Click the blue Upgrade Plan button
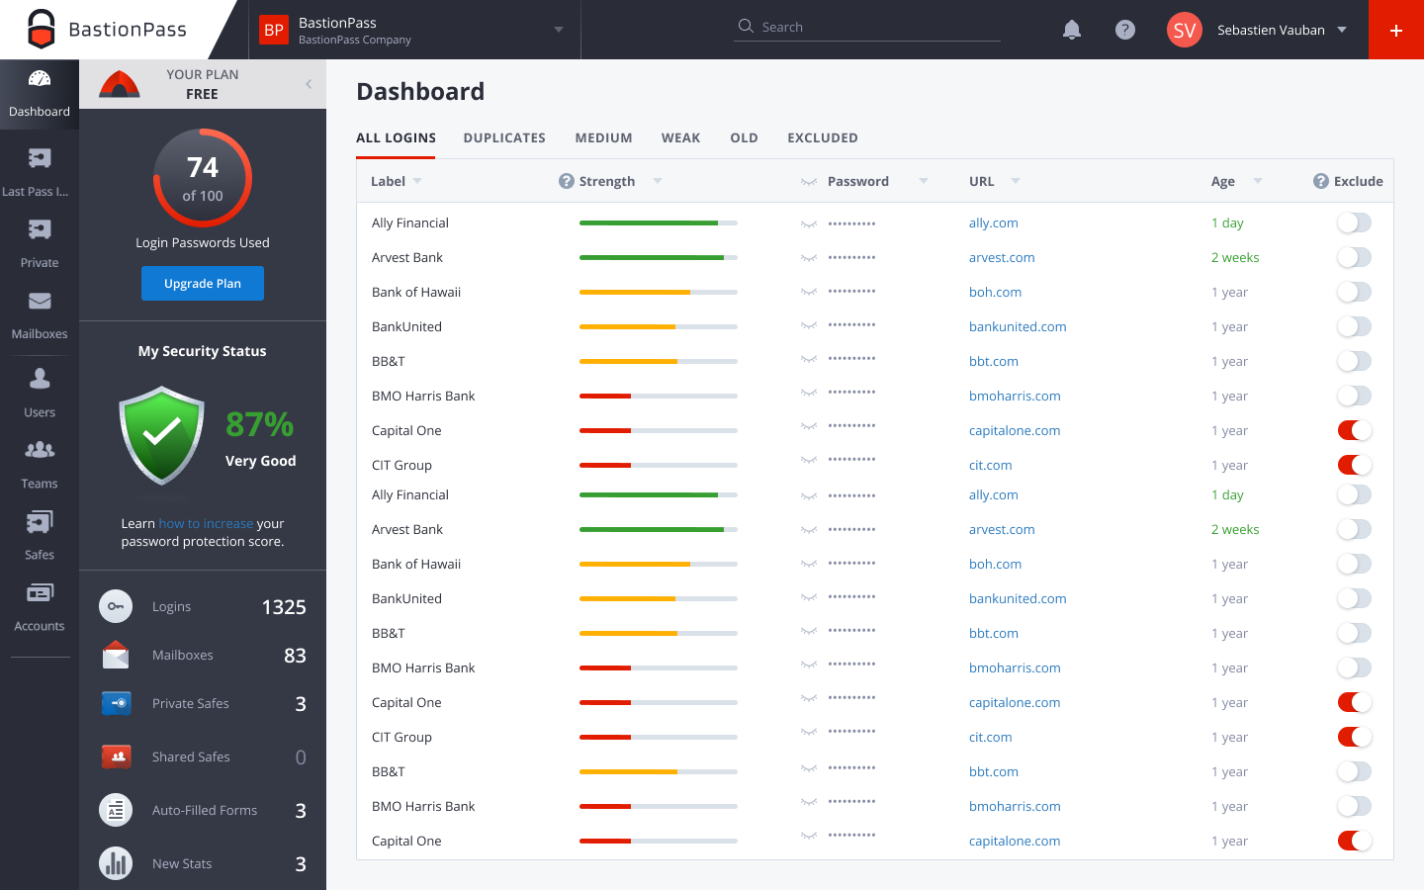point(202,284)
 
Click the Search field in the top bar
point(870,28)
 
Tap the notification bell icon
point(1071,30)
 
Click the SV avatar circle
point(1184,30)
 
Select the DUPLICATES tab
point(504,138)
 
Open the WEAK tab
point(680,138)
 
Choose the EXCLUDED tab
point(822,138)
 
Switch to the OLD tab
point(744,138)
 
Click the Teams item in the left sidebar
point(40,464)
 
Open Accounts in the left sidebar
point(40,606)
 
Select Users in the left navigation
point(40,393)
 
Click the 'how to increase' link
point(206,524)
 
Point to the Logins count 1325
point(284,607)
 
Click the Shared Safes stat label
point(191,757)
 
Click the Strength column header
point(606,182)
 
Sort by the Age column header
point(1223,182)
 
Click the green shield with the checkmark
point(161,435)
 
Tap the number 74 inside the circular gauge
point(203,168)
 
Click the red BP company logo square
point(274,30)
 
